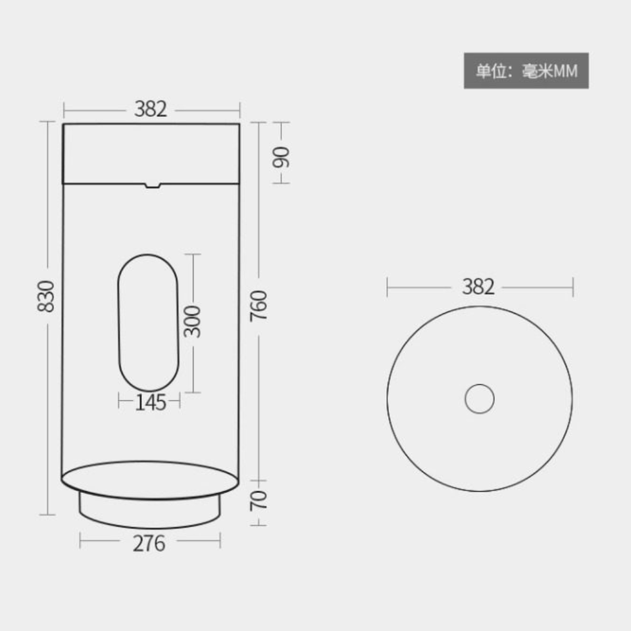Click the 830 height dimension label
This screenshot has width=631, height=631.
click(45, 296)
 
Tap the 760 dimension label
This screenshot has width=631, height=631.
click(259, 306)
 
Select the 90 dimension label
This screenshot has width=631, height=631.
click(281, 157)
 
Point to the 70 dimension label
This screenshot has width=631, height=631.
click(259, 501)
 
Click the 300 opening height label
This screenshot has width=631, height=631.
click(191, 321)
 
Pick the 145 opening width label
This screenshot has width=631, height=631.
click(150, 402)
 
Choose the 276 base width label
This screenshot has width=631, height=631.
click(149, 544)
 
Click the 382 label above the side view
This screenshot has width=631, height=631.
click(150, 109)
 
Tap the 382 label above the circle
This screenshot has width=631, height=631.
click(478, 287)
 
